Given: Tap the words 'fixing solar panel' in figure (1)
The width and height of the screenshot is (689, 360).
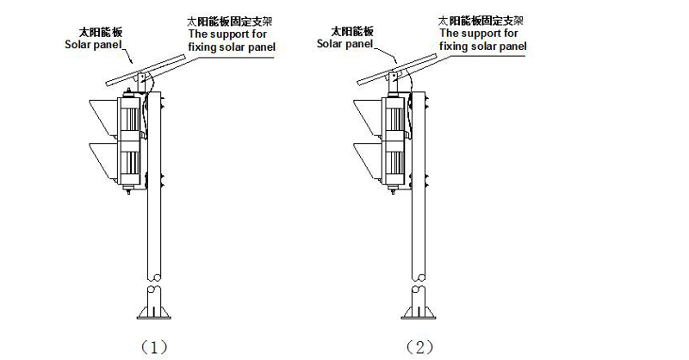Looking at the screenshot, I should click(x=231, y=45).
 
